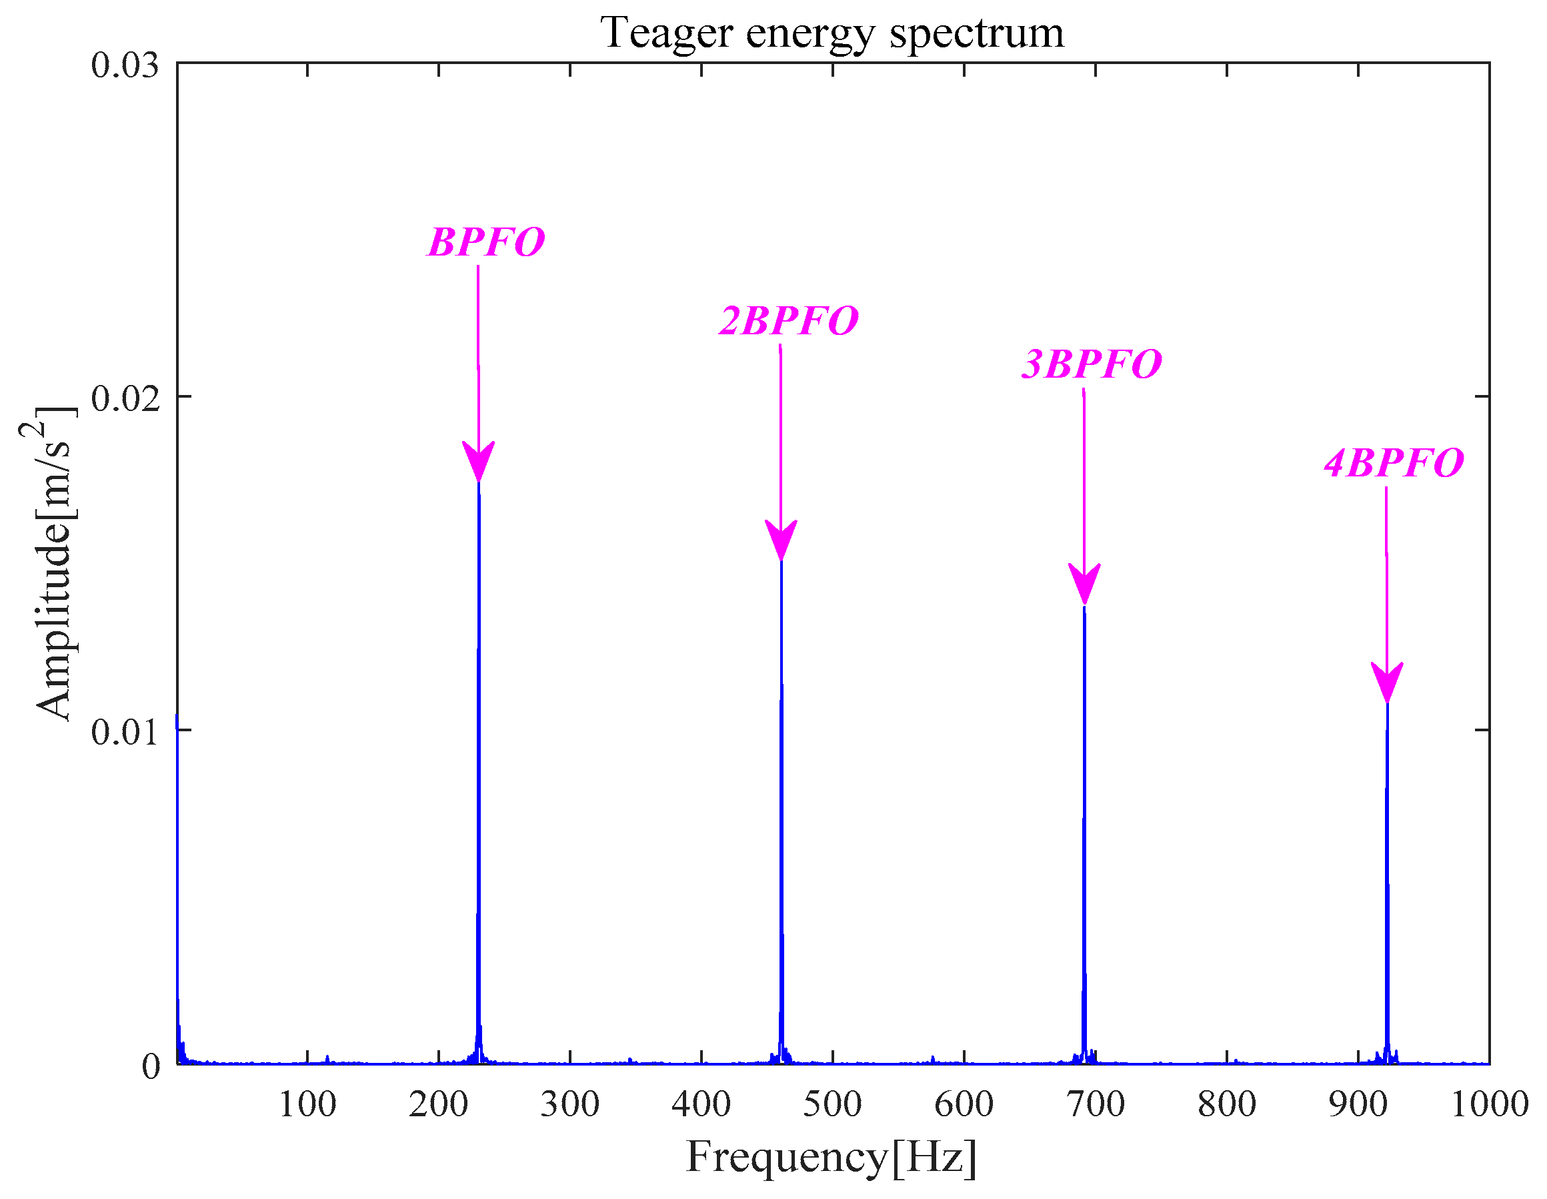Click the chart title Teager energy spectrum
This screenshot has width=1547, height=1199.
pyautogui.click(x=832, y=33)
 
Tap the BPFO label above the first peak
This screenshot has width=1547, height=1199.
pyautogui.click(x=486, y=242)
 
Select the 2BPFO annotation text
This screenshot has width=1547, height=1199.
pyautogui.click(x=788, y=321)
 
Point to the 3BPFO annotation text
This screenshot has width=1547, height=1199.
pyautogui.click(x=1091, y=364)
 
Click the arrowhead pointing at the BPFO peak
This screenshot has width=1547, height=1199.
pyautogui.click(x=479, y=461)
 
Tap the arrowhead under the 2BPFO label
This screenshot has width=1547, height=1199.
pyautogui.click(x=782, y=540)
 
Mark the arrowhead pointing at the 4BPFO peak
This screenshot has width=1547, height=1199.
pyautogui.click(x=1387, y=683)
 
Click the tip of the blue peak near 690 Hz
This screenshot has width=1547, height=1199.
pyautogui.click(x=1084, y=608)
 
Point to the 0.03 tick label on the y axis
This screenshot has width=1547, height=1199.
pyautogui.click(x=125, y=65)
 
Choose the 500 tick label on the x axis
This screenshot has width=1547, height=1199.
pyautogui.click(x=832, y=1105)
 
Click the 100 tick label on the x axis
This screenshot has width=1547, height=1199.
pyautogui.click(x=307, y=1105)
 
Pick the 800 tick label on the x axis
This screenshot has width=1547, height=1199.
pyautogui.click(x=1227, y=1105)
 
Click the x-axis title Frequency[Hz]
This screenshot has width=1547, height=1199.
pyautogui.click(x=832, y=1158)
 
